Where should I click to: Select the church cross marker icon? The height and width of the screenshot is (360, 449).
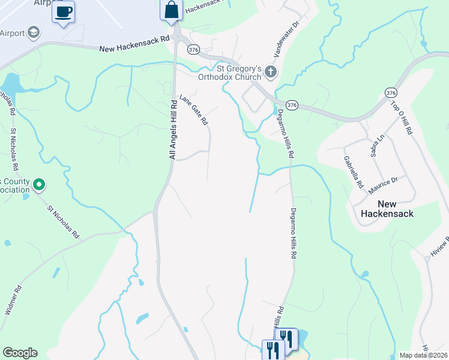(x=271, y=73)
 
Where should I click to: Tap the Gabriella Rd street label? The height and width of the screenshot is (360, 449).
(x=353, y=172)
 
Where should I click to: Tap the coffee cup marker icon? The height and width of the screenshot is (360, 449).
(x=63, y=11)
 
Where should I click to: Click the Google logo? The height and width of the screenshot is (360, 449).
(x=19, y=353)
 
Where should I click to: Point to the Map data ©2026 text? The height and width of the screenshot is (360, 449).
(x=423, y=355)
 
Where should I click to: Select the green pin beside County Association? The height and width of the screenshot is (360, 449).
(x=40, y=184)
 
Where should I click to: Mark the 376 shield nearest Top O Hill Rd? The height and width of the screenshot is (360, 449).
(x=391, y=92)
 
